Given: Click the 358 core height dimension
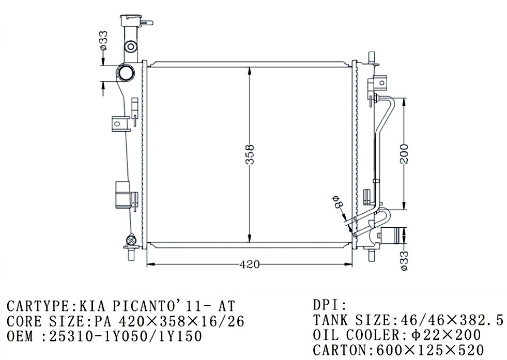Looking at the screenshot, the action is [x=250, y=155].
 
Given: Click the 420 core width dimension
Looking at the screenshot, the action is [x=249, y=264].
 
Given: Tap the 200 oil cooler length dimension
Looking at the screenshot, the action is [x=404, y=154].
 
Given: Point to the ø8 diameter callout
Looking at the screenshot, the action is [x=337, y=201].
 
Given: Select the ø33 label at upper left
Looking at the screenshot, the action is [x=103, y=40].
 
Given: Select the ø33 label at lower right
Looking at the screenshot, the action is [x=404, y=260].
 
